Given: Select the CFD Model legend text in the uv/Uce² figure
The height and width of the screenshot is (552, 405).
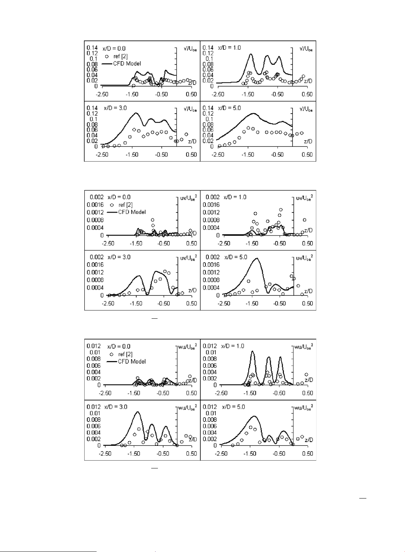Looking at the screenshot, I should click(132, 212).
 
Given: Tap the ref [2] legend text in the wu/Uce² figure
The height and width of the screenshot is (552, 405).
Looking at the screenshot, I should click(125, 354).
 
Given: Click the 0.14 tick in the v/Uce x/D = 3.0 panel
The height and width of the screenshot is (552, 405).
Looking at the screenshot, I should click(92, 108).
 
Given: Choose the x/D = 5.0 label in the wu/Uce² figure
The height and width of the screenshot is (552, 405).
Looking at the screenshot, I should click(233, 407).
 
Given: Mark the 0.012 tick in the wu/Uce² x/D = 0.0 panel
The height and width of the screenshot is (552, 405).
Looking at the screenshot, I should click(94, 346).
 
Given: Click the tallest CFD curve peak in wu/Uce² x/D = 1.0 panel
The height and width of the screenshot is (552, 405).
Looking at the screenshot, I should click(253, 351).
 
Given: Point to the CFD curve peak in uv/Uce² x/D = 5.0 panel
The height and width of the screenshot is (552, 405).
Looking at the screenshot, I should click(256, 258).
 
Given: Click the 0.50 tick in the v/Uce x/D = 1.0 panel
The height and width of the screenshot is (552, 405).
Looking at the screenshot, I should click(307, 94).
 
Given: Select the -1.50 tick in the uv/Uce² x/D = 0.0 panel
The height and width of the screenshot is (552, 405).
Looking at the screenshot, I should click(136, 243).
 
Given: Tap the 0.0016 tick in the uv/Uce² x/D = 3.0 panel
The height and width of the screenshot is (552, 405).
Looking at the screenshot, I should click(95, 265).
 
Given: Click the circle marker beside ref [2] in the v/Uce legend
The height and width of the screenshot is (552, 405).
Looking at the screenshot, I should click(107, 56).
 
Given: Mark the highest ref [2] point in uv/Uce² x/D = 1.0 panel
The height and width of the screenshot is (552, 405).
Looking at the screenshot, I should click(281, 210).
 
